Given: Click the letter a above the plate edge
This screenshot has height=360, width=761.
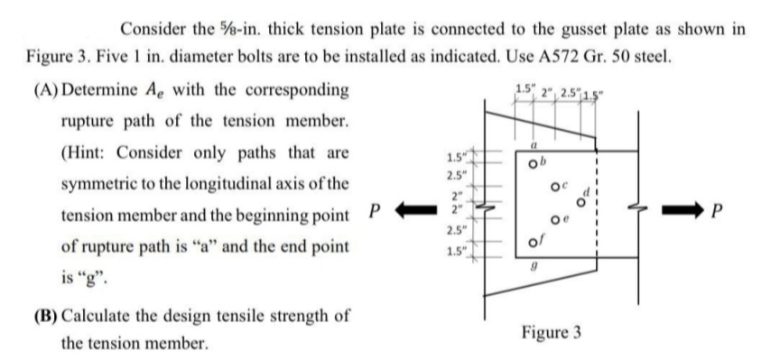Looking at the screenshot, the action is (536, 143).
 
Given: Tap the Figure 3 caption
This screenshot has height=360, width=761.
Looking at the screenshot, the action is (551, 333).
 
